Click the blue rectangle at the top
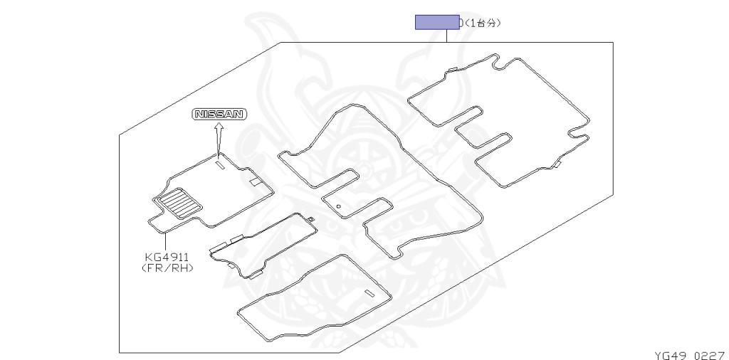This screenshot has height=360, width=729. pyautogui.click(x=437, y=22)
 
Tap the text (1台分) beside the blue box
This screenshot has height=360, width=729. pyautogui.click(x=483, y=23)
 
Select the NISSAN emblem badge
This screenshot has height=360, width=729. pyautogui.click(x=219, y=114)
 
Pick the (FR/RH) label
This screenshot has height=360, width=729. pyautogui.click(x=168, y=268)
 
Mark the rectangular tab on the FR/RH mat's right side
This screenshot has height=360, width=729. pyautogui.click(x=254, y=181)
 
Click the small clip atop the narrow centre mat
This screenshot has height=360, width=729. pyautogui.click(x=311, y=218)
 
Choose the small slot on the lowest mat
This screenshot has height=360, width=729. pyautogui.click(x=369, y=294)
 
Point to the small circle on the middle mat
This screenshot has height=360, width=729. pyautogui.click(x=339, y=207)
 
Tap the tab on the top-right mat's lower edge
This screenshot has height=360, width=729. pyautogui.click(x=557, y=166)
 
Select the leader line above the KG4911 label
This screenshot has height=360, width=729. pyautogui.click(x=166, y=240)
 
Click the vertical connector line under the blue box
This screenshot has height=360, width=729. pyautogui.click(x=447, y=36)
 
